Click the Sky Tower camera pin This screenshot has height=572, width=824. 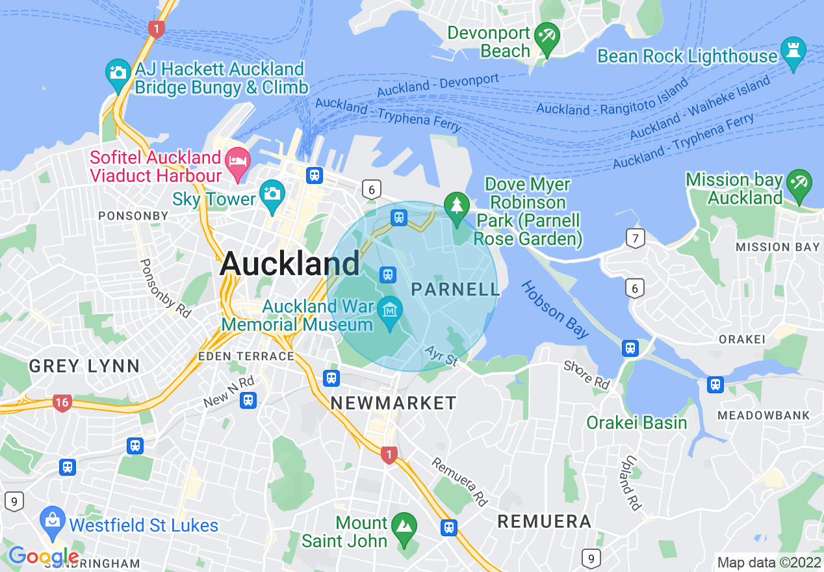click(272, 194)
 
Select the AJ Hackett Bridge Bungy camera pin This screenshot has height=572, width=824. click(118, 73)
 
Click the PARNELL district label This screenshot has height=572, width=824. click(456, 289)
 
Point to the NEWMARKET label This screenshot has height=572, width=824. click(394, 403)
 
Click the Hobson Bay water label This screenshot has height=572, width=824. click(555, 309)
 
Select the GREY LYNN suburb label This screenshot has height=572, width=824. click(84, 366)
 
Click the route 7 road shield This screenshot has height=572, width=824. click(635, 239)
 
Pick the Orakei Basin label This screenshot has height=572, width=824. click(636, 423)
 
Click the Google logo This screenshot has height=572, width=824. click(43, 556)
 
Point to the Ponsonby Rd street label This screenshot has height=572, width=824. click(166, 288)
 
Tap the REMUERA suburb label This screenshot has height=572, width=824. click(544, 521)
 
